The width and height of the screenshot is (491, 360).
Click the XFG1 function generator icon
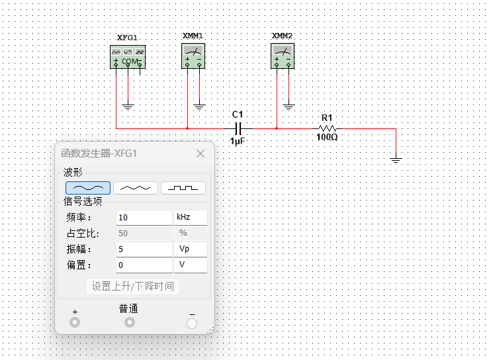(127, 57)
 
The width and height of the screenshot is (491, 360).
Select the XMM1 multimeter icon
(193, 56)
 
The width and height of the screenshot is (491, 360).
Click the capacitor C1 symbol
(239, 128)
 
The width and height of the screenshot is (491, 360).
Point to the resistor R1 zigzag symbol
(328, 128)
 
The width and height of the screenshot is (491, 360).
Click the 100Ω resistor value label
(327, 138)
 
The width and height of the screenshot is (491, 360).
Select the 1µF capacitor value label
(238, 141)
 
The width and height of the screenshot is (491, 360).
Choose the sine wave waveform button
(88, 188)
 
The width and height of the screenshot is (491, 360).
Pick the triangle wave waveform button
(136, 188)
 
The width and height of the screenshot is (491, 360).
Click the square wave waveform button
(183, 188)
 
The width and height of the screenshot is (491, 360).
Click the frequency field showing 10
(144, 218)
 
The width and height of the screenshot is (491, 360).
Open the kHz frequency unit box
(190, 218)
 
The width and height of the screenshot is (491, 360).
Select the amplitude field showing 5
(144, 249)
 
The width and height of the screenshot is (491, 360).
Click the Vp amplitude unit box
(190, 249)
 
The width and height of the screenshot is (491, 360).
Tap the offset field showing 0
(144, 265)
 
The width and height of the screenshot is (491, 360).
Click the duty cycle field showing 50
(144, 234)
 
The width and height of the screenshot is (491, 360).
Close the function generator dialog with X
(201, 154)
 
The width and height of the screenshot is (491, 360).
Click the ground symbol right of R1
(396, 159)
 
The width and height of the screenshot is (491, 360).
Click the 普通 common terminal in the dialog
(130, 322)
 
